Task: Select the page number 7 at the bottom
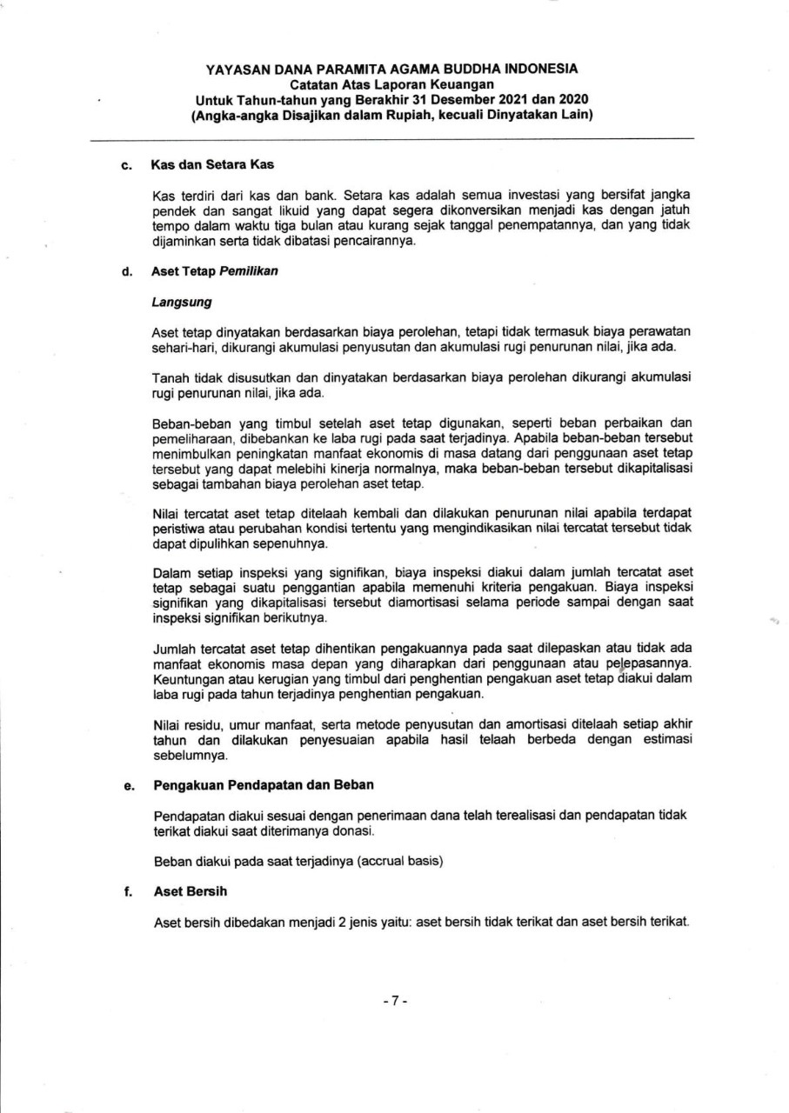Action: (394, 1001)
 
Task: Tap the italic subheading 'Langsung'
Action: (182, 303)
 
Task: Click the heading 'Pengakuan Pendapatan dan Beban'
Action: (264, 784)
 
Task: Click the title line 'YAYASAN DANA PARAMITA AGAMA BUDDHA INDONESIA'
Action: (392, 69)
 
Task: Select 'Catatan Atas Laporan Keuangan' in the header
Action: (392, 84)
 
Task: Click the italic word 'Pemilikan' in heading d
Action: (249, 271)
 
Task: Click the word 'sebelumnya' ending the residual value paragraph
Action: (184, 756)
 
